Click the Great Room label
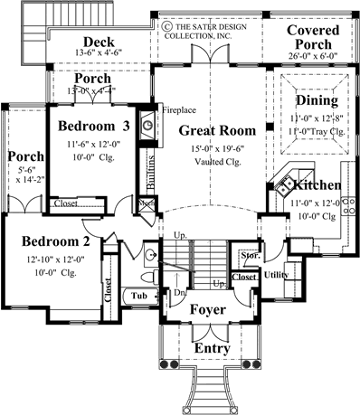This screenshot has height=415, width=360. coord(216,130)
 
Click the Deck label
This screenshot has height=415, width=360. coord(98,42)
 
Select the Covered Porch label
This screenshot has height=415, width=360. coord(312,37)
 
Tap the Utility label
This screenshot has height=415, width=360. coord(277,272)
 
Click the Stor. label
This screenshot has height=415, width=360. coord(251,256)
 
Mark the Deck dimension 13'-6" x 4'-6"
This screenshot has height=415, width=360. coord(96,54)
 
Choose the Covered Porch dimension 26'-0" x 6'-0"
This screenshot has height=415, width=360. coord(312,54)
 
